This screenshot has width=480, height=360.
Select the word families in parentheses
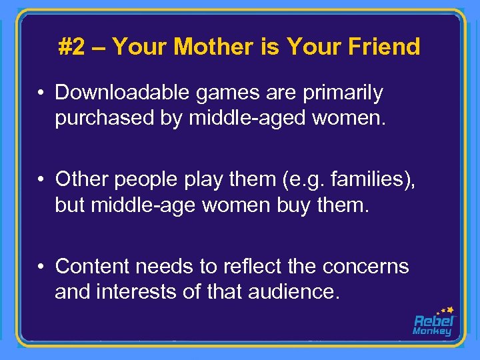[x=365, y=180]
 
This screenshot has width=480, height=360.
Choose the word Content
[x=93, y=266]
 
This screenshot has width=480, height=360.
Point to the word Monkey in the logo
[x=432, y=331]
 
